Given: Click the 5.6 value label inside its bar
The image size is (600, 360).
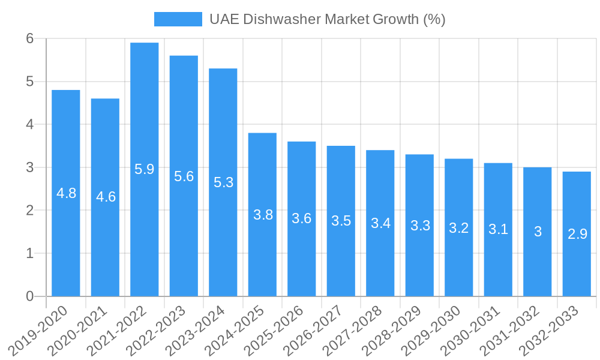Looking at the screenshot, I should pos(184,176).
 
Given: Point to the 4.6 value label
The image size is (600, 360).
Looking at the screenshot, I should pos(106,197).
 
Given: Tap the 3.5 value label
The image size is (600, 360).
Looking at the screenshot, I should pos(341,221).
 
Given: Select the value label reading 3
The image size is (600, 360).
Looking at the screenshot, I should pos(538,232).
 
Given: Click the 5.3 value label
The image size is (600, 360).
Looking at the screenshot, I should pos(223,182).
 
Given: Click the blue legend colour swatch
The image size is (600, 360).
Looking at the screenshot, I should pos(178,19).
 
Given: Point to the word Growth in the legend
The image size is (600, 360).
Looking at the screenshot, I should pos(396,19).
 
